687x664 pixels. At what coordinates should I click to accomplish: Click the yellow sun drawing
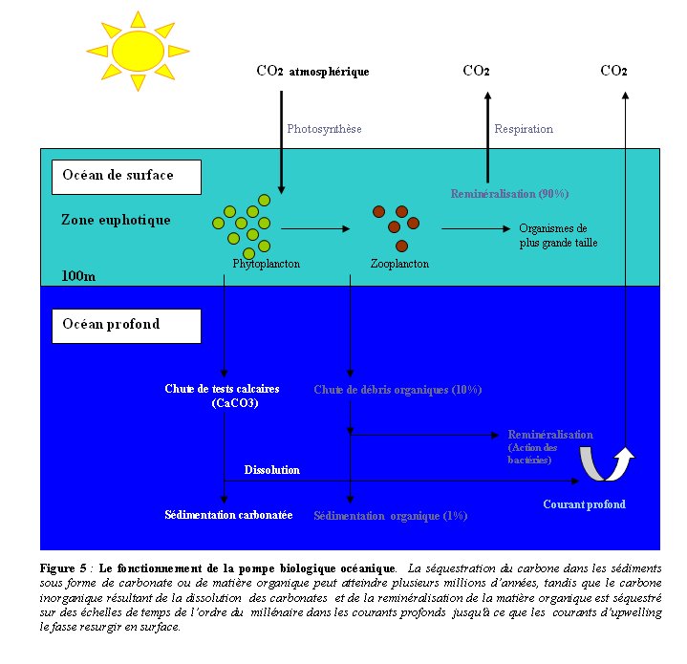pyautogui.click(x=137, y=51)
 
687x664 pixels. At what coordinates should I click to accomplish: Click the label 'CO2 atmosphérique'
pyautogui.click(x=312, y=72)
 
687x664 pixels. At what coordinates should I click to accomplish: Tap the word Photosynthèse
pyautogui.click(x=325, y=129)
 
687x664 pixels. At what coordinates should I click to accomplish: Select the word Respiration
pyautogui.click(x=524, y=129)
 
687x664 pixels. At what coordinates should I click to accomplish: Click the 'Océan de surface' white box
pyautogui.click(x=127, y=176)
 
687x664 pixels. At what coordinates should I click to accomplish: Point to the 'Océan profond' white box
pyautogui.click(x=127, y=325)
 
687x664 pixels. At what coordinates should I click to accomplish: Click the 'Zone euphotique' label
pyautogui.click(x=116, y=220)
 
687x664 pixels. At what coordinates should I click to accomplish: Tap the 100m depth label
pyautogui.click(x=78, y=275)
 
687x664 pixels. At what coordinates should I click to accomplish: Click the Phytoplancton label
pyautogui.click(x=266, y=263)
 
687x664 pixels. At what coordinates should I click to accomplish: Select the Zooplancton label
pyautogui.click(x=399, y=263)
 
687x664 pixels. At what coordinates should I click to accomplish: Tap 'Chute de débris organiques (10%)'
pyautogui.click(x=397, y=390)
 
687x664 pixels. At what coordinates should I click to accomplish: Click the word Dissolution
pyautogui.click(x=271, y=470)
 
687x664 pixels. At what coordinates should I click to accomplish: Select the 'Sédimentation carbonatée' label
pyautogui.click(x=227, y=515)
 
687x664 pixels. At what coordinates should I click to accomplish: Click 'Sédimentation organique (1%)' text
pyautogui.click(x=390, y=516)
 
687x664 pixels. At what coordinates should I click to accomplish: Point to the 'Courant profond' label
pyautogui.click(x=584, y=504)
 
